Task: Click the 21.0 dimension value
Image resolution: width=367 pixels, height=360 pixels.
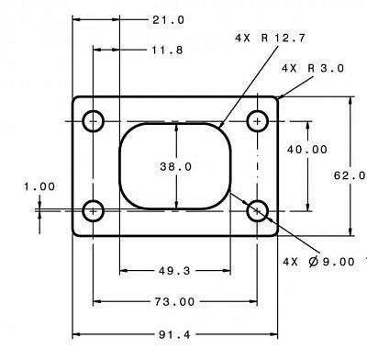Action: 169,20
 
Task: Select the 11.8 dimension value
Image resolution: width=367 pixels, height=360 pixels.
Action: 168,50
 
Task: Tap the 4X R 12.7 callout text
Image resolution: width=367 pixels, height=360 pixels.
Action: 270,38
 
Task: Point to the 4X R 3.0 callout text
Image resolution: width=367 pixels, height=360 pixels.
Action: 313,68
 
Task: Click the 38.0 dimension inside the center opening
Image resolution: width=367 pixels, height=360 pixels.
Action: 176,166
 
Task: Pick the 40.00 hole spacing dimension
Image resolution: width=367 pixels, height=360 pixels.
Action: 307,150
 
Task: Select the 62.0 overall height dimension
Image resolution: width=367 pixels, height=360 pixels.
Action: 350,175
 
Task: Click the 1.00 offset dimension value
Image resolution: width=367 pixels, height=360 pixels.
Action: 39,186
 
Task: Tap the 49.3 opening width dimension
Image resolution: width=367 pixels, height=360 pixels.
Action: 174,271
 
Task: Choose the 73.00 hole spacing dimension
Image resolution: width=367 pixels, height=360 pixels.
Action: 174,302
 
